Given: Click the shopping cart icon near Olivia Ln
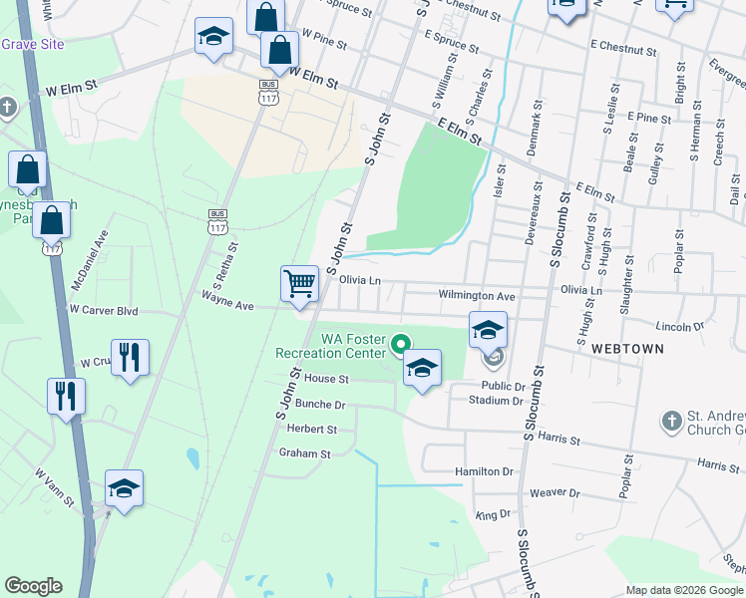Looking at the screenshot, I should [x=299, y=284].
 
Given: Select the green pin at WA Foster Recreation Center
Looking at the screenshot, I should [x=400, y=346].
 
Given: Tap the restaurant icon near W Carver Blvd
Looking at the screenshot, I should [x=130, y=356].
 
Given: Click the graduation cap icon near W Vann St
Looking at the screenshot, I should [x=125, y=487].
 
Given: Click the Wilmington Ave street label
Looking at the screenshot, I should [x=477, y=296].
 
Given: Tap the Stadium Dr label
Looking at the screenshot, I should [x=496, y=401].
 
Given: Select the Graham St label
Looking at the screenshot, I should [x=304, y=453].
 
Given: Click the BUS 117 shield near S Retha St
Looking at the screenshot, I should [x=217, y=215].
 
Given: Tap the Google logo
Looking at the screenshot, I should [x=33, y=586].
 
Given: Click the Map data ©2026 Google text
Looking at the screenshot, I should [x=684, y=590].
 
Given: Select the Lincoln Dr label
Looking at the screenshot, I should [x=683, y=326].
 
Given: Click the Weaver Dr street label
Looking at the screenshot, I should [x=555, y=492].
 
